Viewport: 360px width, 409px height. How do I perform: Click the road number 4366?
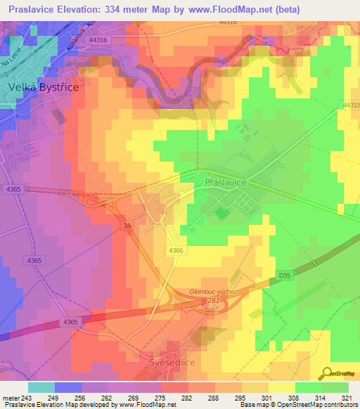pyautogui.click(x=176, y=250)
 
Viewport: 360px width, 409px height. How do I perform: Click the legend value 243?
pyautogui.click(x=26, y=398)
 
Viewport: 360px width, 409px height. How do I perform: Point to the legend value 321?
pyautogui.click(x=347, y=398)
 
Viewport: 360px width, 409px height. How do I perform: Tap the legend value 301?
pyautogui.click(x=267, y=398)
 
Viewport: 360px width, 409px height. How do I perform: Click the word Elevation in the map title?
pyautogui.click(x=77, y=9)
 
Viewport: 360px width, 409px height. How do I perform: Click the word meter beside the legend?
pyautogui.click(x=9, y=398)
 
